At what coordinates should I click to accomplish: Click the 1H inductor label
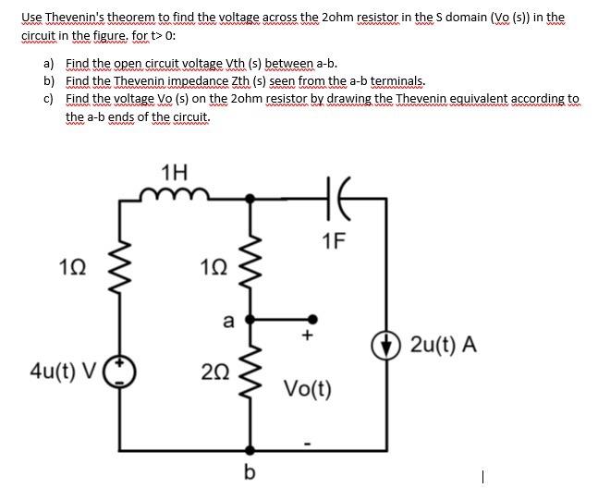173,172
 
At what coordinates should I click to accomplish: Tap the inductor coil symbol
173,193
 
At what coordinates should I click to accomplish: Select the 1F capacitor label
335,242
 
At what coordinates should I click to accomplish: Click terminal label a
226,321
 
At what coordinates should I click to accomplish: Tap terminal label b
248,472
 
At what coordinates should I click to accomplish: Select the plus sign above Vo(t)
308,336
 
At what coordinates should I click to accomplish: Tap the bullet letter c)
49,98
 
